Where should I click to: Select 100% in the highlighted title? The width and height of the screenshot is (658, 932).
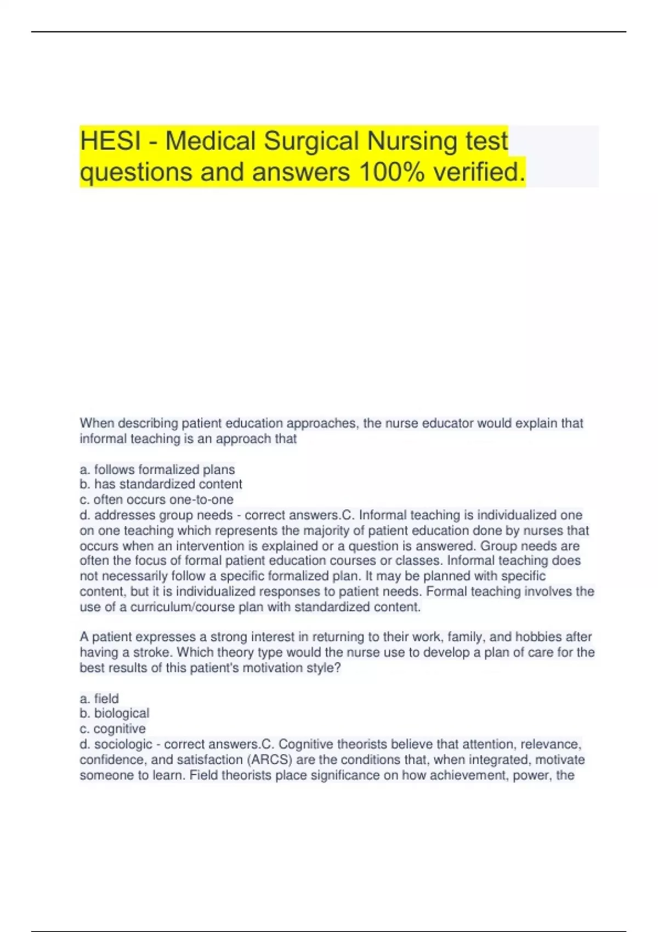click(x=391, y=172)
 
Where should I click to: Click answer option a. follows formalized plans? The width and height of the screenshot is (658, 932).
click(x=157, y=469)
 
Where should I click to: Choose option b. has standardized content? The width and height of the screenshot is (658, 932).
click(x=161, y=484)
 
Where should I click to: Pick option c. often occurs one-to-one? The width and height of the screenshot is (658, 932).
click(x=156, y=499)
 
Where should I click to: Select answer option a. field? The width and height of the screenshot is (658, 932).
click(x=99, y=698)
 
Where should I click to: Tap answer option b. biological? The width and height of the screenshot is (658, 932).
click(x=114, y=713)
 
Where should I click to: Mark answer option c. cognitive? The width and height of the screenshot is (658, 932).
click(x=112, y=729)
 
